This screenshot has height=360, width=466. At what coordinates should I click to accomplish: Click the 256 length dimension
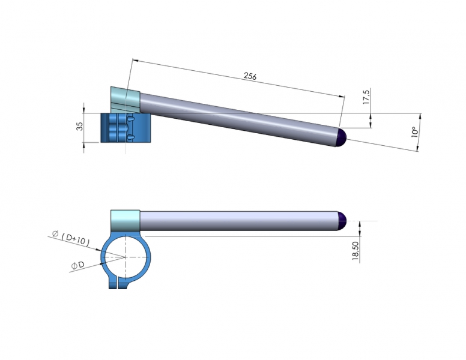[x=250, y=76]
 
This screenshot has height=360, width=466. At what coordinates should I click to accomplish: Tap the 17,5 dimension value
[x=366, y=97]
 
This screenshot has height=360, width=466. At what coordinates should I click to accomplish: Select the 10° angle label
[x=415, y=132]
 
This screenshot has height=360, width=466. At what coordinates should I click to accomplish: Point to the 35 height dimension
[x=79, y=126]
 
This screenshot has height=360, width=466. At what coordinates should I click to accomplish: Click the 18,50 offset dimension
[x=356, y=251]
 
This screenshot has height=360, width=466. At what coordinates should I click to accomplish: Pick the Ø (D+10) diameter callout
[x=71, y=238]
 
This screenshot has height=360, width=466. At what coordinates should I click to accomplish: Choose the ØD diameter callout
[x=78, y=265]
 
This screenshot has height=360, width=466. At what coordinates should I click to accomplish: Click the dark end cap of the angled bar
[x=342, y=137]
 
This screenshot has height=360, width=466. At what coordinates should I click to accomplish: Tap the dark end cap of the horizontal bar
[x=342, y=221]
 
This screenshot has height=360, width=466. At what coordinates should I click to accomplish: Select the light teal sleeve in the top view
[x=125, y=100]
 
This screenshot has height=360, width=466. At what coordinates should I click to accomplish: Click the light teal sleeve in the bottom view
[x=125, y=221]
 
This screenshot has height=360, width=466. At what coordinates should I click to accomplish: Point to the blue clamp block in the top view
[x=126, y=128]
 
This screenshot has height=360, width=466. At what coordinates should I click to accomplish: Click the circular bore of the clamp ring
[x=126, y=257]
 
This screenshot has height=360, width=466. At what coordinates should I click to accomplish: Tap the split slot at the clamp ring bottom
[x=118, y=283]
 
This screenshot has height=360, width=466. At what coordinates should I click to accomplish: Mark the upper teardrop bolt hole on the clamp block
[x=131, y=118]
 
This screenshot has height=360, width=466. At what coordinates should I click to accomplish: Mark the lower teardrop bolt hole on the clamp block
[x=131, y=137]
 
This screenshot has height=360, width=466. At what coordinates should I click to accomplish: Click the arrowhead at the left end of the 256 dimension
[x=136, y=61]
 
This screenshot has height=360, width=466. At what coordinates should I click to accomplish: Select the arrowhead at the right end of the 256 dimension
[x=342, y=95]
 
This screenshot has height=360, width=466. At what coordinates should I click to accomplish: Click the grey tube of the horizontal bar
[x=238, y=221]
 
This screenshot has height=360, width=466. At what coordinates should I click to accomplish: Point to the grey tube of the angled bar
[x=239, y=119]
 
